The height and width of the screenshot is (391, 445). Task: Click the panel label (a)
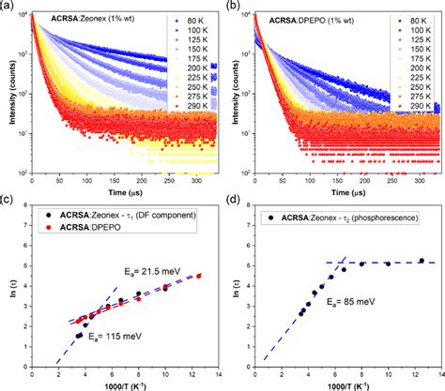[x=7, y=6]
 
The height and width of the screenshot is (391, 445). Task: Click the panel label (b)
[x=232, y=6]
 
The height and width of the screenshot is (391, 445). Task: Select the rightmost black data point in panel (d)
[x=422, y=261]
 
